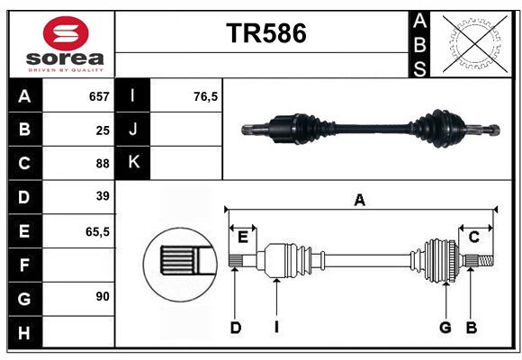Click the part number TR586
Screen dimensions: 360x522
point(265,33)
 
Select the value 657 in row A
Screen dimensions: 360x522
point(98,96)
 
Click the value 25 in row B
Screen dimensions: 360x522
point(102,130)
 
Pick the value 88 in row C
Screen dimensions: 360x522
point(102,164)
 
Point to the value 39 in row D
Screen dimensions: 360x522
point(102,196)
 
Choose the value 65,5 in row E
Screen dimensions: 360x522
point(97,231)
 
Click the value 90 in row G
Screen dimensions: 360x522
point(102,296)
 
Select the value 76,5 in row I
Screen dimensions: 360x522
point(205,96)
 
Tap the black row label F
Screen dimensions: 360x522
point(24,265)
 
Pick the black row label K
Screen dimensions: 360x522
point(133,163)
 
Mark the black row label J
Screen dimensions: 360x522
point(133,130)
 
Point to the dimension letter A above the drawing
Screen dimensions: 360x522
point(359,201)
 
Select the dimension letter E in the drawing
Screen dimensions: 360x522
point(242,237)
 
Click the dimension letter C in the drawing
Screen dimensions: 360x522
point(473,237)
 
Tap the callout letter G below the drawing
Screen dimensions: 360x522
point(445,328)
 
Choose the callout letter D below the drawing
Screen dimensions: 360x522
point(235,328)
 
